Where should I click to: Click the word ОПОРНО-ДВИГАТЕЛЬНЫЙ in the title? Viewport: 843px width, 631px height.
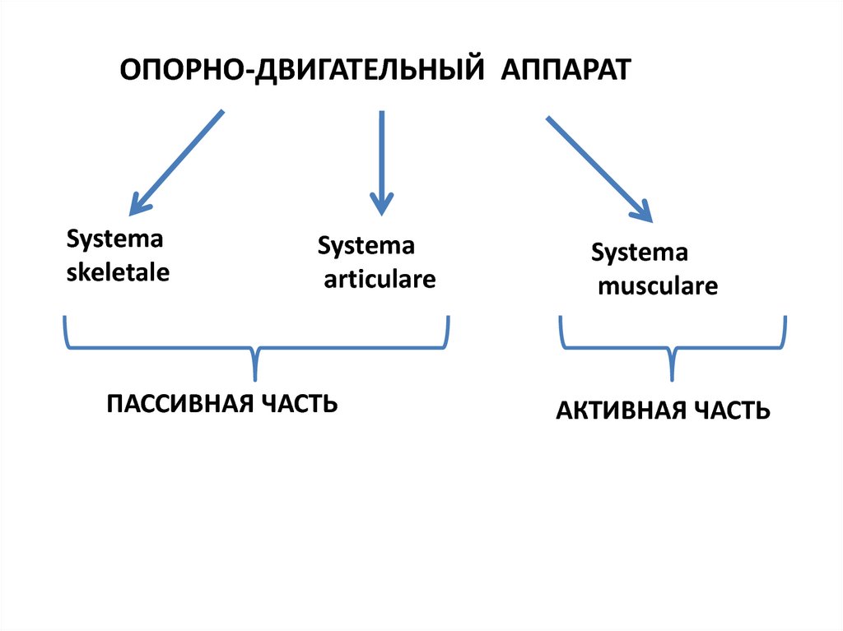click(301, 70)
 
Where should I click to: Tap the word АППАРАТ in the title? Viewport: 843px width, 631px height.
click(565, 70)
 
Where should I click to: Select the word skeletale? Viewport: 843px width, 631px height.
click(118, 271)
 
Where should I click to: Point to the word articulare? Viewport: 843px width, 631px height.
click(379, 279)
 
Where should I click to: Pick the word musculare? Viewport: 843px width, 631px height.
click(658, 286)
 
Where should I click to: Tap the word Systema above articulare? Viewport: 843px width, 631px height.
click(366, 246)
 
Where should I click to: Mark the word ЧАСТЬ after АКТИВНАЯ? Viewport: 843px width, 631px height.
click(731, 411)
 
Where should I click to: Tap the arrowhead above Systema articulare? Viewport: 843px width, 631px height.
click(380, 203)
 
